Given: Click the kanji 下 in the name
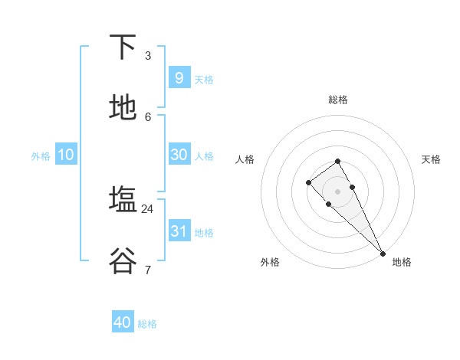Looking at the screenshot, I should pyautogui.click(x=123, y=47).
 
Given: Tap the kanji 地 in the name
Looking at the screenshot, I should pyautogui.click(x=123, y=107).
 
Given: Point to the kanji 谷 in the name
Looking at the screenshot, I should pyautogui.click(x=123, y=260).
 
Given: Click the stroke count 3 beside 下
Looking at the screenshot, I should pyautogui.click(x=148, y=55).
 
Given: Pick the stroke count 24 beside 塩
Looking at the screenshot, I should pyautogui.click(x=148, y=208).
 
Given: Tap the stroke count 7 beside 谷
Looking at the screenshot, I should pyautogui.click(x=148, y=270).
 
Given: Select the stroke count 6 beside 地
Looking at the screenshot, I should pyautogui.click(x=148, y=116).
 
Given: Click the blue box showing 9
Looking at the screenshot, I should pyautogui.click(x=179, y=77).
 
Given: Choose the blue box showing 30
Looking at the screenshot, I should pyautogui.click(x=179, y=154).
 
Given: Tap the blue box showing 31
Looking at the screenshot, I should pyautogui.click(x=179, y=231).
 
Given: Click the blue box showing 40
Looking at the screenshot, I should pyautogui.click(x=123, y=322).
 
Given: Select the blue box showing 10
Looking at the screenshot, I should pyautogui.click(x=66, y=155).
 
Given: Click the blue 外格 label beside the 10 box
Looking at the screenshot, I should pyautogui.click(x=41, y=156).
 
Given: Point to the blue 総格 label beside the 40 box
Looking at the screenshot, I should pyautogui.click(x=147, y=324).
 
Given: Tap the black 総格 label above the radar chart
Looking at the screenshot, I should pyautogui.click(x=338, y=100).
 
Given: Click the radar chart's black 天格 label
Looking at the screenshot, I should pyautogui.click(x=431, y=159).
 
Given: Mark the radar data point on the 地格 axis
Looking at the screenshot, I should pyautogui.click(x=383, y=253).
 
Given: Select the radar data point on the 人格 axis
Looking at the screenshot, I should pyautogui.click(x=308, y=182).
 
